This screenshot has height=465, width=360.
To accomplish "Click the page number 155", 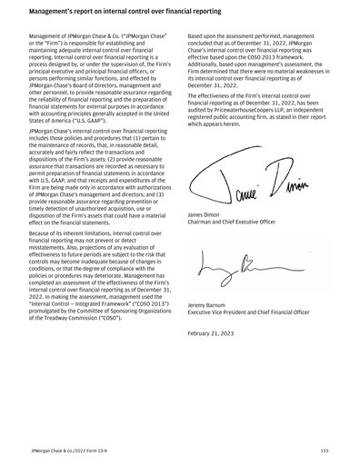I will (324, 449).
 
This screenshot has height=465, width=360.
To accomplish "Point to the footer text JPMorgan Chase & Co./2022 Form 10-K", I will (68, 449).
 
